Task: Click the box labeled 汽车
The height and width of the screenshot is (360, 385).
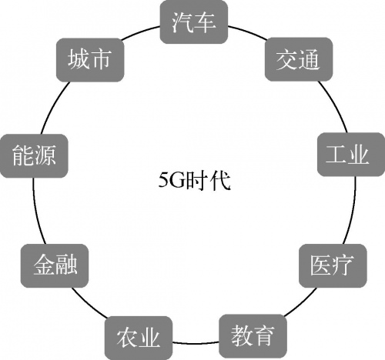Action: tap(194, 22)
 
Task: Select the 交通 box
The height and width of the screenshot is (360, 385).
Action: tap(299, 59)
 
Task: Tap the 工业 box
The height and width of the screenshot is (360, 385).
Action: tap(351, 155)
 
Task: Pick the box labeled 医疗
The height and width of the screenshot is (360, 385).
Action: tap(333, 265)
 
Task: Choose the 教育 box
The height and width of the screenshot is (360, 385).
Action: tap(253, 336)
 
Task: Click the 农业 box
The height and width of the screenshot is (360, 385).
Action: tap(139, 338)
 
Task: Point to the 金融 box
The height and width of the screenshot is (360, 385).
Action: tap(55, 265)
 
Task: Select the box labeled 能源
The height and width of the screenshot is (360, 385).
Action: tap(34, 155)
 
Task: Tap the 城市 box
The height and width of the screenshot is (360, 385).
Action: tap(90, 60)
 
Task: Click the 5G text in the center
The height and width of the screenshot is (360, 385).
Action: tap(172, 180)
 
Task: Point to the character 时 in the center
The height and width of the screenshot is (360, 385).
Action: tap(196, 180)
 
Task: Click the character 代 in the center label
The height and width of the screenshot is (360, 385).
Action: tap(220, 180)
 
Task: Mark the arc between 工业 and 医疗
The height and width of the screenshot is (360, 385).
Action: tap(352, 210)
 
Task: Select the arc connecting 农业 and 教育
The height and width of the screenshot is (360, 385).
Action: tap(196, 343)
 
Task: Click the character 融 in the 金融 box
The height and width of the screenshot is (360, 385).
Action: tap(66, 265)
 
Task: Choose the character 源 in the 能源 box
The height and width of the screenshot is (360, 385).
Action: tap(45, 155)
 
